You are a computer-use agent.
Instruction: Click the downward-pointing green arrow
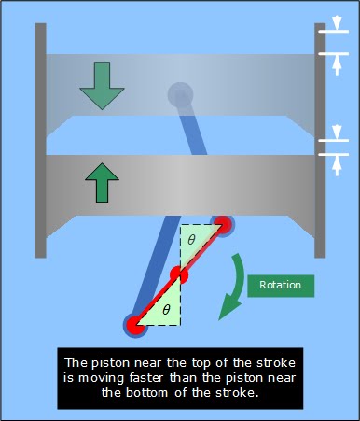pyautogui.click(x=102, y=85)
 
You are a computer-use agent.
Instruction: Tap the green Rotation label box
pyautogui.click(x=282, y=285)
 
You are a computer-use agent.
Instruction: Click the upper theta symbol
pyautogui.click(x=191, y=240)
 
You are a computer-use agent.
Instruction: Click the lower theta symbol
pyautogui.click(x=167, y=308)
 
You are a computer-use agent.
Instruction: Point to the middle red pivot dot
pyautogui.click(x=179, y=275)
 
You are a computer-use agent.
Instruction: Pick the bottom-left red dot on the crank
pyautogui.click(x=136, y=325)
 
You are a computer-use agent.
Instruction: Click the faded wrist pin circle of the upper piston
pyautogui.click(x=180, y=94)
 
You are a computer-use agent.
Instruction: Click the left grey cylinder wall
pyautogui.click(x=41, y=140)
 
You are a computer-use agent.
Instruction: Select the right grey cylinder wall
pyautogui.click(x=320, y=140)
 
